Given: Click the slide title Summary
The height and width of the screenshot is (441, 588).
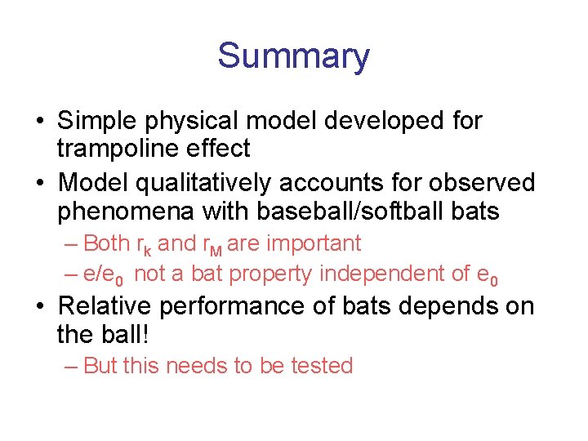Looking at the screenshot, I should [293, 56].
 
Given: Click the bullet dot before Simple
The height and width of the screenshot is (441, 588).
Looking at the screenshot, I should [40, 122].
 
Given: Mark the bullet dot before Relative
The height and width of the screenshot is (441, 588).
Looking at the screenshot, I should [40, 307].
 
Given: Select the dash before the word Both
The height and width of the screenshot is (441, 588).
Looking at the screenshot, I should [71, 243].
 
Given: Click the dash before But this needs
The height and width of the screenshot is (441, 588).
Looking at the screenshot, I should [71, 366].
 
